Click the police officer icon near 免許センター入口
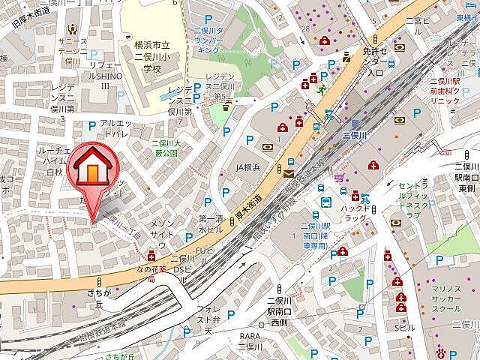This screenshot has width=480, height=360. tap(346, 56)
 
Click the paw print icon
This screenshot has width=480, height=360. tap(442, 351)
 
